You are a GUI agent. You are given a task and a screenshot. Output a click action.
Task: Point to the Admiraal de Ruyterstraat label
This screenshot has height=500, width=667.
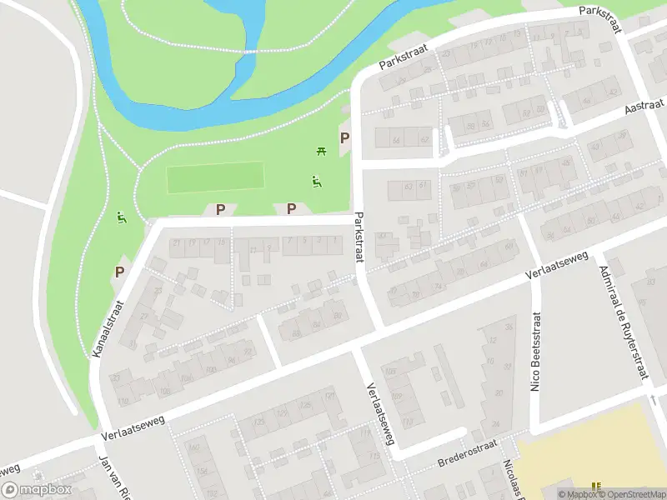click(620, 322)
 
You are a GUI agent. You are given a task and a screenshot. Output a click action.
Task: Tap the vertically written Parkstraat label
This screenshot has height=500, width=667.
click(359, 237)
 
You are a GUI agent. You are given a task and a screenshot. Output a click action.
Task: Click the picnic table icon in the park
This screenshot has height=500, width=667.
click(321, 151)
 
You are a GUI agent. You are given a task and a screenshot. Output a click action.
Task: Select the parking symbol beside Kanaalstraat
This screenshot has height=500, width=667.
click(119, 272)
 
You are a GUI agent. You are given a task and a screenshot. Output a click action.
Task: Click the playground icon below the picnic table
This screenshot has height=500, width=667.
click(316, 182)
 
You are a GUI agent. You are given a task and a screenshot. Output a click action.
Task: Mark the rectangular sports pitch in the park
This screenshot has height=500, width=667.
click(215, 177)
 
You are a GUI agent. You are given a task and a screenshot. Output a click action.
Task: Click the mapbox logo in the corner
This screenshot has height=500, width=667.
click(35, 490)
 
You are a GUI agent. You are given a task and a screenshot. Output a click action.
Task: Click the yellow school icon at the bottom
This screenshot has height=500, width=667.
click(595, 487)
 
